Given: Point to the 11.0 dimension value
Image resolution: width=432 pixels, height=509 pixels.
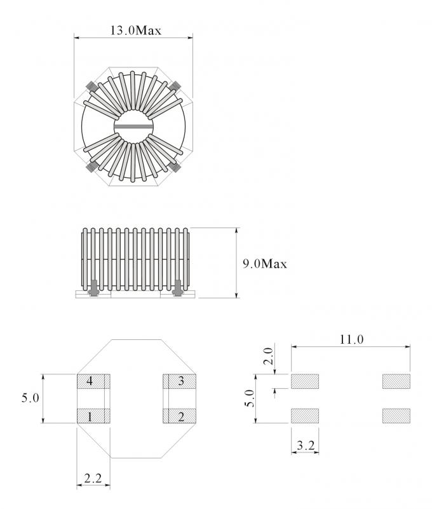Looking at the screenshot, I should click(351, 339).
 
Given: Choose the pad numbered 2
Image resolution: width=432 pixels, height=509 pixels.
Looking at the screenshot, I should click(181, 417).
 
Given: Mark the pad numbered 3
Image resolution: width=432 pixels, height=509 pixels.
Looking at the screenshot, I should click(181, 381).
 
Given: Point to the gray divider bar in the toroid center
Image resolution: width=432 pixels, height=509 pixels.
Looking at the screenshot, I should click(134, 126).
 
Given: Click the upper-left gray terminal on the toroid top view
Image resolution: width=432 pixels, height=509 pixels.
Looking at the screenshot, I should click(91, 86).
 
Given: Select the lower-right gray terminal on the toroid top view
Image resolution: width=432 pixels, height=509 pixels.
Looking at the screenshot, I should click(176, 167).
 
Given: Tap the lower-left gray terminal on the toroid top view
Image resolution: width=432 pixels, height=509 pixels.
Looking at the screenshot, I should click(91, 167).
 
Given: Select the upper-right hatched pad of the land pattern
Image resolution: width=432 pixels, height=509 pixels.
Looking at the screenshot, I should click(396, 381).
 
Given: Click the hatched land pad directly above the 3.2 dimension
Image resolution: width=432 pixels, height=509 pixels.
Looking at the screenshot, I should click(305, 416).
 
